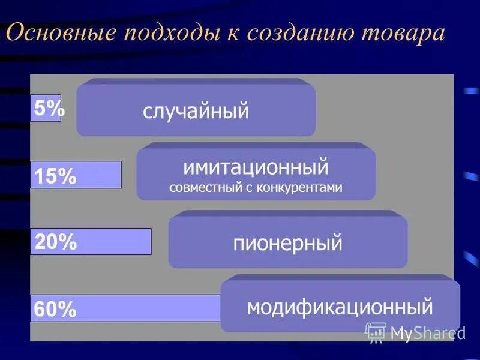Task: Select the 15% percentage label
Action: [x=55, y=176]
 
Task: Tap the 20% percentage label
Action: [x=56, y=242]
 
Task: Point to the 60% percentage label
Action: [x=55, y=310]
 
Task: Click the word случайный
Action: [x=196, y=111]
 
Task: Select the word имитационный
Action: [x=256, y=166]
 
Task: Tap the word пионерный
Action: [x=287, y=244]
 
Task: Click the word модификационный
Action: [x=340, y=307]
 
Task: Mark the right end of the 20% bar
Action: [x=150, y=242]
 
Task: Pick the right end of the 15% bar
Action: [x=120, y=175]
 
